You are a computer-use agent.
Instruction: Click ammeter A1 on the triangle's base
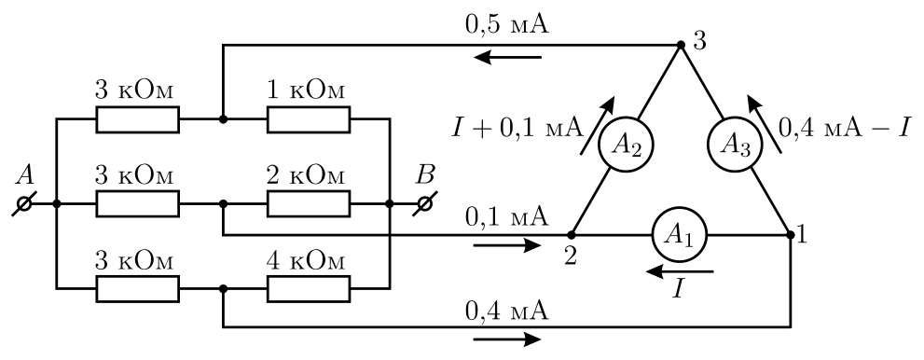(x=679, y=234)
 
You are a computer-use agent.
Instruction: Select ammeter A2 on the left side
(x=626, y=145)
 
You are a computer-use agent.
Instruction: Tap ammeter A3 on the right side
(x=736, y=145)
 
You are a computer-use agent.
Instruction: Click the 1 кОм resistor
(x=309, y=119)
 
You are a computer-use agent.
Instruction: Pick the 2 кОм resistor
(x=309, y=204)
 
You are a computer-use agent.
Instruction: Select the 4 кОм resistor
(x=309, y=288)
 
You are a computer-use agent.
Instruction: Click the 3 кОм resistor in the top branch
(x=137, y=119)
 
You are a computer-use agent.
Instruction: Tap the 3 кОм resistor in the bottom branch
(x=137, y=288)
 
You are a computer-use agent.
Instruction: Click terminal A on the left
(x=24, y=204)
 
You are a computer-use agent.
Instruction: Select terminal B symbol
(x=424, y=204)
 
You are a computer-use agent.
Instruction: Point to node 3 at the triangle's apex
(x=681, y=45)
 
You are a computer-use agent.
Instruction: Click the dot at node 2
(x=571, y=235)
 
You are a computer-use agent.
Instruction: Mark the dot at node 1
(x=791, y=235)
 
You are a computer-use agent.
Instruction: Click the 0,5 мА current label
(x=507, y=26)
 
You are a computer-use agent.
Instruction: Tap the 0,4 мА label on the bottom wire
(x=507, y=310)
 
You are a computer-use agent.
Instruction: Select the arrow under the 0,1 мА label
(x=507, y=244)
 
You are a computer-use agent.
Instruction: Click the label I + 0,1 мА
(x=517, y=127)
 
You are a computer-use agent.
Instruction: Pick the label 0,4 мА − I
(x=846, y=127)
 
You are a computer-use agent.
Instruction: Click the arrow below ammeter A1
(x=680, y=272)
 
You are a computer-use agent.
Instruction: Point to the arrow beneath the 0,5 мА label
(x=507, y=57)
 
